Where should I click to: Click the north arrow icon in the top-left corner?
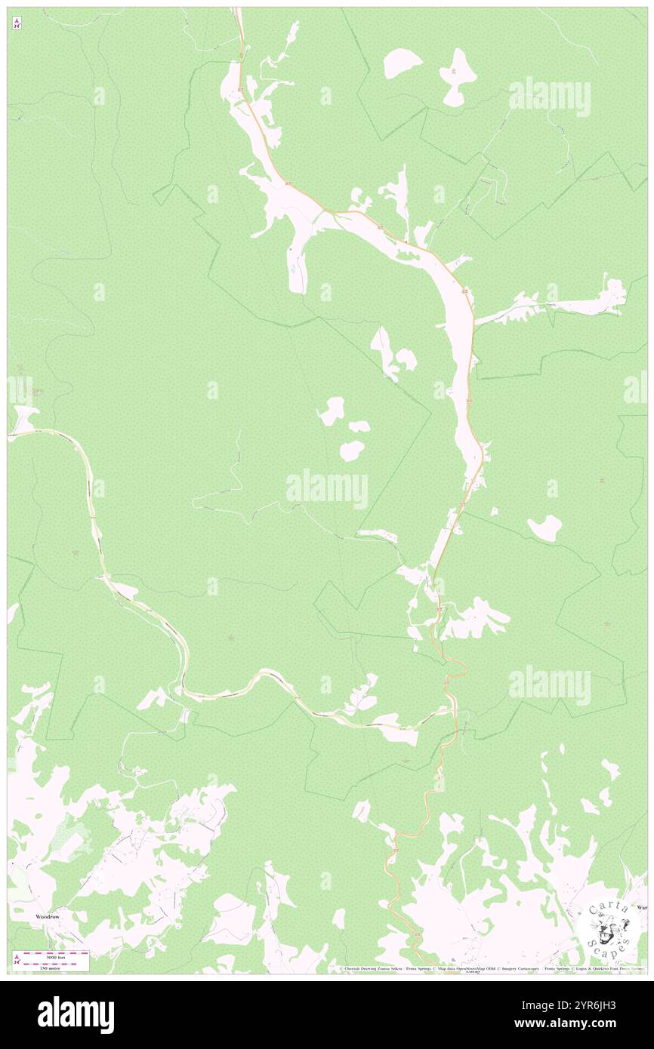pos(17,23)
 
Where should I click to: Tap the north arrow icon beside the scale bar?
pos(17,959)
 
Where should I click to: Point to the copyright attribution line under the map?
pos(491,969)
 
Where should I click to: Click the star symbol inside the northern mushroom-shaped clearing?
pos(454,71)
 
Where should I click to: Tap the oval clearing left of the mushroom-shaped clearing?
pos(403,63)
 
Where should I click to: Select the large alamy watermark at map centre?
pos(327,489)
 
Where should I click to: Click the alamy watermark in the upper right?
pos(550,96)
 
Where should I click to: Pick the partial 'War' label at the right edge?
pos(642,906)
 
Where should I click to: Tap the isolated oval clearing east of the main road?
pos(544,528)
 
